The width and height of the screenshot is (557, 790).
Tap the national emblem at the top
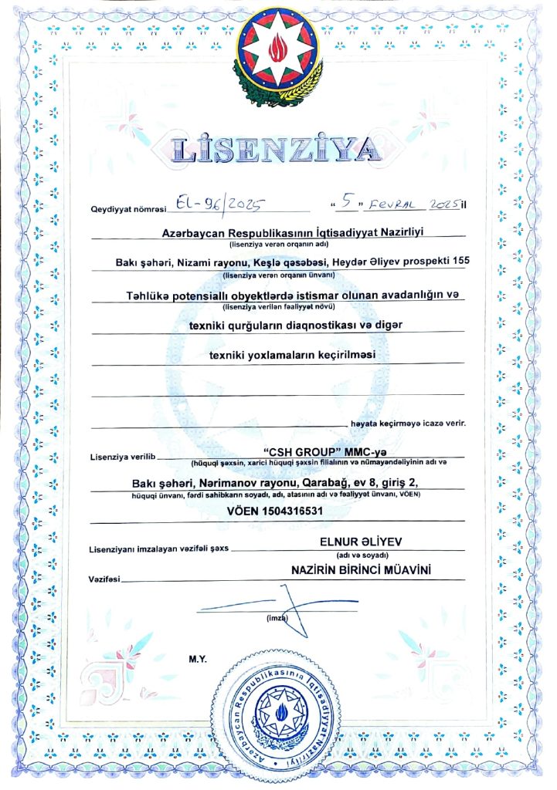pyautogui.click(x=279, y=52)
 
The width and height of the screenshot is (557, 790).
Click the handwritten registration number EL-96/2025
pyautogui.click(x=218, y=204)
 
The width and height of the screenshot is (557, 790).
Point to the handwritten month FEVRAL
pyautogui.click(x=393, y=205)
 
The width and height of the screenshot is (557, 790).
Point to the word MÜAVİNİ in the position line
pyautogui.click(x=399, y=570)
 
